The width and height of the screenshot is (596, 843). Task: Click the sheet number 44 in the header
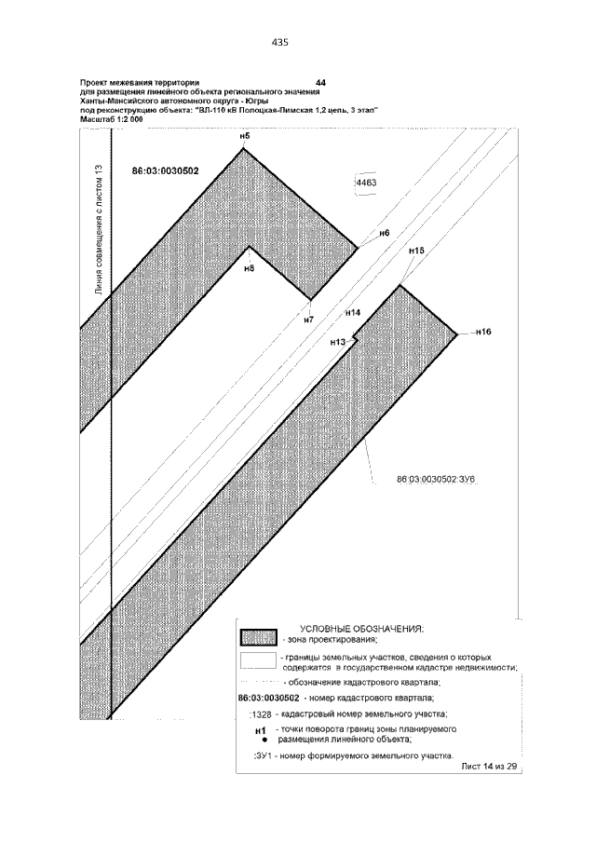[x=321, y=84]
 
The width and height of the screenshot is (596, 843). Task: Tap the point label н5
[x=245, y=138]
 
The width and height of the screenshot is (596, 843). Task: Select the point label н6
[x=384, y=233]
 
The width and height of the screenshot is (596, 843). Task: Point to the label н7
[x=309, y=320]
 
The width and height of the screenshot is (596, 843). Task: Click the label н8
[x=249, y=268]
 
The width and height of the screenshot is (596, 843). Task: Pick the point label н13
[x=338, y=343]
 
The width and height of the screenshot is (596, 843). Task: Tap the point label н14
[x=352, y=313]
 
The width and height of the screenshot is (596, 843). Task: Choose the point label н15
[x=416, y=251]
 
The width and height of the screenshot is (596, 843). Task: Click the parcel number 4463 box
[x=365, y=184]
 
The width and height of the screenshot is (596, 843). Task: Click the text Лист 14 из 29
[x=487, y=766]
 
